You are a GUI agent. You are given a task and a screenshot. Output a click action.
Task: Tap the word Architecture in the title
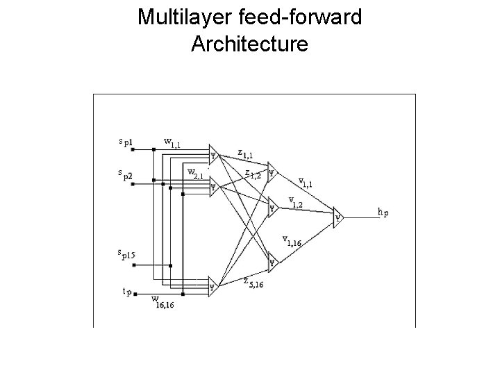tap(249, 44)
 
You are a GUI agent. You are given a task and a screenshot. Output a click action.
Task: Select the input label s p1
tap(126, 144)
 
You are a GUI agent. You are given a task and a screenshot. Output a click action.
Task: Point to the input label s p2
tap(126, 174)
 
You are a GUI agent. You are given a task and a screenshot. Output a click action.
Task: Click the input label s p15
tap(126, 253)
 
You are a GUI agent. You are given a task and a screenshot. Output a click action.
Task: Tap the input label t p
tap(127, 292)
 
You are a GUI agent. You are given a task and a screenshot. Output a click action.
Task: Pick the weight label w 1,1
tap(172, 144)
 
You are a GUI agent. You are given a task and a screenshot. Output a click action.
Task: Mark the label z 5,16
tap(253, 283)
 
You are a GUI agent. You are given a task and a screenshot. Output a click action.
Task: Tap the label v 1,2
tap(296, 202)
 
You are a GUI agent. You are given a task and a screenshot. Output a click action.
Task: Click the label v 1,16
tap(292, 242)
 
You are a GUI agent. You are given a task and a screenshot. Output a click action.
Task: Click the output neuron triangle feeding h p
tap(337, 216)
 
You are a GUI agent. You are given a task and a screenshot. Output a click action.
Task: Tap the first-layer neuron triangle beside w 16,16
tap(213, 285)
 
